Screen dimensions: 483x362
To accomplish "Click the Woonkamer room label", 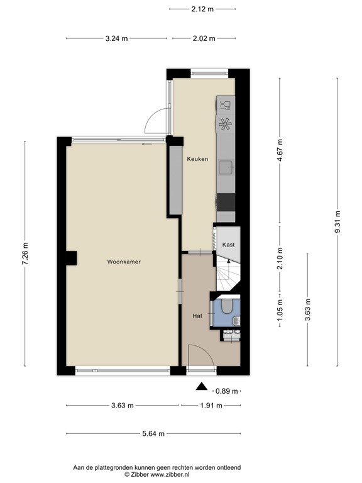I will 123,261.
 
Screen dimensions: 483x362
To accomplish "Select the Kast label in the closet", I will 228,244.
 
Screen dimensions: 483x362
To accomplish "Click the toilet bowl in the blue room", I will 226,307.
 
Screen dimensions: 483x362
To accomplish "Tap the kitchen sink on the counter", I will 226,167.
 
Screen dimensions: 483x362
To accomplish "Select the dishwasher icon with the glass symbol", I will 226,104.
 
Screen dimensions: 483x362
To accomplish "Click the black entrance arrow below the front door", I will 201,387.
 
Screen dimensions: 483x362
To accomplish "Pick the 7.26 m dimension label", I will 26,254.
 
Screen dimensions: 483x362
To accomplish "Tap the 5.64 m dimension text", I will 153,433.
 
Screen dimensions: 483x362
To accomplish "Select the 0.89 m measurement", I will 228,391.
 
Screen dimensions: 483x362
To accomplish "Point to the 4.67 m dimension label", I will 280,151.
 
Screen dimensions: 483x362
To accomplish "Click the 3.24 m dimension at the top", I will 116,38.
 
